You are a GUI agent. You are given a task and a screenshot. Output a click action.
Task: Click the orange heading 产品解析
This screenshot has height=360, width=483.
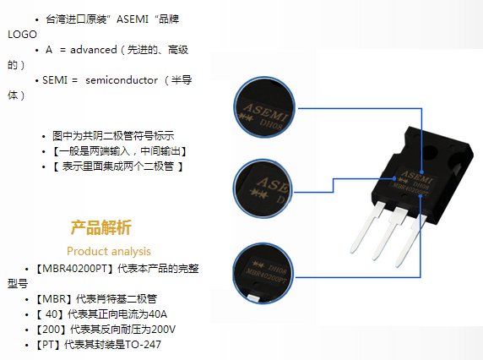coord(101,227)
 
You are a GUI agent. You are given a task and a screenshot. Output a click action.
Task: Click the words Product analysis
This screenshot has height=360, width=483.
coord(109,251)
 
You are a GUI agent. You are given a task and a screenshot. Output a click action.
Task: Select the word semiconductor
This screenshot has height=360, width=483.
coord(122,80)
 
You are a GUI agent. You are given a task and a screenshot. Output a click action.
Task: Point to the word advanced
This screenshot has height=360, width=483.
coord(94,50)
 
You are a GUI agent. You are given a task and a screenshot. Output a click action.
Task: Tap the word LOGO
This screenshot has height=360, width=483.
coord(22,34)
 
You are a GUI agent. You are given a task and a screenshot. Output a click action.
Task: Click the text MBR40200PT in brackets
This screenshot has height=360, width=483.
coord(74,269)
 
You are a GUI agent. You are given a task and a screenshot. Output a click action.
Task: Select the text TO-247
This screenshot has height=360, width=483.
coord(143,344)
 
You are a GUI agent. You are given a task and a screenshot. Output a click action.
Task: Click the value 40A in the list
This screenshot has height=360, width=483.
coord(158,314)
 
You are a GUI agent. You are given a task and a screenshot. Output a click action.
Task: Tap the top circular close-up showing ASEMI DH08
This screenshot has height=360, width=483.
coord(264,106)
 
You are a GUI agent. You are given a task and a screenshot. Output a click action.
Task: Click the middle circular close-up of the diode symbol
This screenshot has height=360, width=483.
coord(263,188)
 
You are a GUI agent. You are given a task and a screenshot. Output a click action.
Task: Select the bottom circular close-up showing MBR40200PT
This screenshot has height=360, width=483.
coord(263,273)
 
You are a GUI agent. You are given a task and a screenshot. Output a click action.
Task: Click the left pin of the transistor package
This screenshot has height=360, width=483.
coord(368,226)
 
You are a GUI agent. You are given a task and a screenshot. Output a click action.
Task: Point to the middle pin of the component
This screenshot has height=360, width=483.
coord(390,233)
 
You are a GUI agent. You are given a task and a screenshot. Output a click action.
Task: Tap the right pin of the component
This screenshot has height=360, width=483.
coord(411,241)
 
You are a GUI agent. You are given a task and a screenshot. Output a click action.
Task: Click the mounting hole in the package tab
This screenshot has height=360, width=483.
coord(430,151)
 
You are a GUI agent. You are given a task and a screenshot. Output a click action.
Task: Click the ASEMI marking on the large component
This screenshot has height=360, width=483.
coord(417,177)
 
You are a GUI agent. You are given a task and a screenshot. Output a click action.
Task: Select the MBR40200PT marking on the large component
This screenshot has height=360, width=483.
coord(410,189)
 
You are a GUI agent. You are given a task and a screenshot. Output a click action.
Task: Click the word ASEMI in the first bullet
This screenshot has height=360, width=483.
coord(133,19)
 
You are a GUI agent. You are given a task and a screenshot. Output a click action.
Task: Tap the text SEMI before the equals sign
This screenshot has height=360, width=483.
coord(55,80)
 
